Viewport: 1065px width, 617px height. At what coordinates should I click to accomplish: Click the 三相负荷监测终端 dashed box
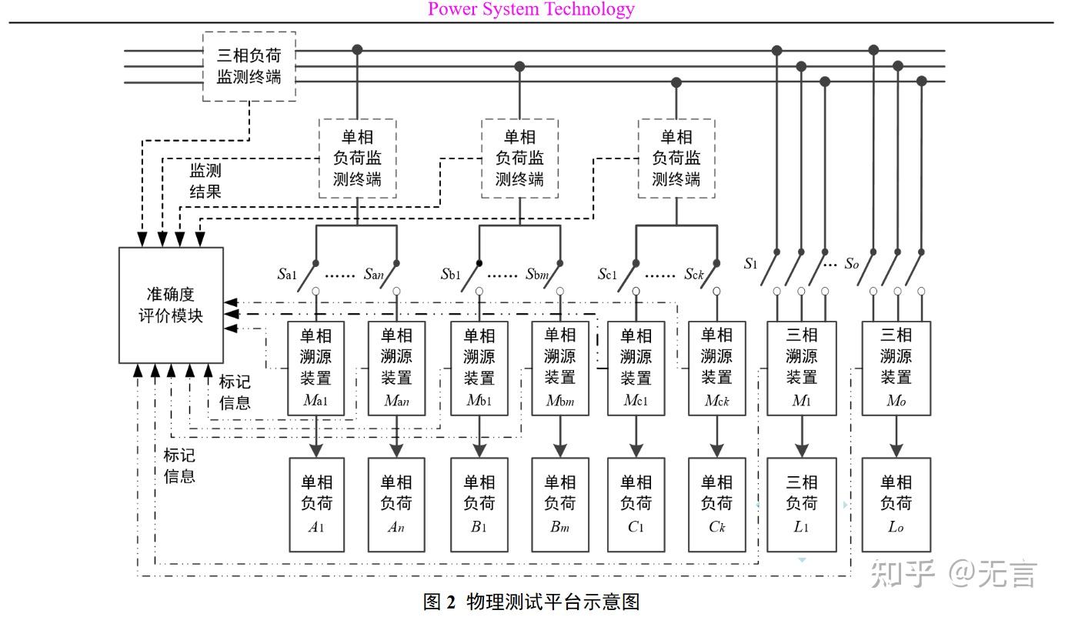(x=249, y=66)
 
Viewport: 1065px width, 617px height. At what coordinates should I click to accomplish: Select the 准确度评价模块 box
(x=171, y=305)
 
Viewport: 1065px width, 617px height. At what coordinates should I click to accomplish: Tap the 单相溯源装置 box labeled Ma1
(x=315, y=368)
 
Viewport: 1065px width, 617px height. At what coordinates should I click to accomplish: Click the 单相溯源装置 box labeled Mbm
(x=559, y=368)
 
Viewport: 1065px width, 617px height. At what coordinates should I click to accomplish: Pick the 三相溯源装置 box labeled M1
(x=801, y=368)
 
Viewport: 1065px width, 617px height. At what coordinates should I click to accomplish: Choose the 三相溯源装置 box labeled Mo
(x=896, y=368)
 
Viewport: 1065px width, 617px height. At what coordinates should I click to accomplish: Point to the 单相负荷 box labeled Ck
(x=716, y=504)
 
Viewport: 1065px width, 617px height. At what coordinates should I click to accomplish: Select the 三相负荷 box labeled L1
(x=801, y=504)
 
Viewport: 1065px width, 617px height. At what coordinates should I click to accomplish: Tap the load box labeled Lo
(x=896, y=504)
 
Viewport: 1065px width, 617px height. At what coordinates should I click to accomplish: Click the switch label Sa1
(x=287, y=274)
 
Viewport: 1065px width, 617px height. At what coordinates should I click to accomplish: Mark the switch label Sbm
(x=538, y=274)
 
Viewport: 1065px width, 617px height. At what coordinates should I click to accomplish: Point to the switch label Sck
(x=695, y=274)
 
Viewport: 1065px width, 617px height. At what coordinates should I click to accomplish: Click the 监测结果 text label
(x=205, y=181)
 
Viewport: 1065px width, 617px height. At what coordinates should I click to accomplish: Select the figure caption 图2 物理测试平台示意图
(x=532, y=601)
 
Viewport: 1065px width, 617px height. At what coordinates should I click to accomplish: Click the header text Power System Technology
(x=531, y=9)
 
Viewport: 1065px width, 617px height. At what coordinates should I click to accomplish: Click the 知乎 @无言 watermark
(x=954, y=573)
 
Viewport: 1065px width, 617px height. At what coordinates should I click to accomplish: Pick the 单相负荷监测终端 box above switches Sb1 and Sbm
(x=519, y=158)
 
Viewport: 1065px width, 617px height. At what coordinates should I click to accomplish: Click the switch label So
(x=851, y=264)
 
